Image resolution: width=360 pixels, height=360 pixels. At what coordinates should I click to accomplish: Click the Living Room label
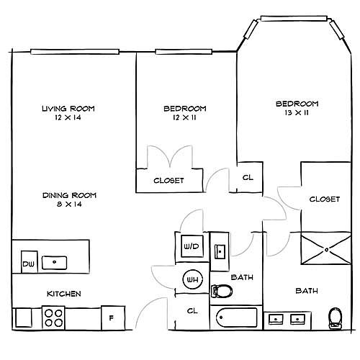(68, 109)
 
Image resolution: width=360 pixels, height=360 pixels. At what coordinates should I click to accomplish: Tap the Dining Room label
(69, 195)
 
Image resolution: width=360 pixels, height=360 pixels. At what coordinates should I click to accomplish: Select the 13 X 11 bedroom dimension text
(297, 112)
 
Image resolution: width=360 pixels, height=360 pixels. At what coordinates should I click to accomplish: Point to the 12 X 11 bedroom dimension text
(184, 117)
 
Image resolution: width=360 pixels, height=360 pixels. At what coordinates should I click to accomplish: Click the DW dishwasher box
(30, 262)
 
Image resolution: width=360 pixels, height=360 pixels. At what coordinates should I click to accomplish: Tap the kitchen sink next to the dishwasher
(54, 263)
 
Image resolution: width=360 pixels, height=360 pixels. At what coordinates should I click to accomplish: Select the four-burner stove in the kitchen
(53, 318)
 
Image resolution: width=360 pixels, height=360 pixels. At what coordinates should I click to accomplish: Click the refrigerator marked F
(113, 318)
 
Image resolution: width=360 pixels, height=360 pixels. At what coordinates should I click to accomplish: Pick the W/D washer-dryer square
(192, 246)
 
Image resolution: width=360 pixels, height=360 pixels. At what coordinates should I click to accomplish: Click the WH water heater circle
(192, 279)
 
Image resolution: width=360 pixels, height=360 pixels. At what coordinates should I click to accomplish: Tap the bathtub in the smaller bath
(236, 318)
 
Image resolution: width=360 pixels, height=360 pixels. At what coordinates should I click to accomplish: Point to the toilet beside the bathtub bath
(222, 291)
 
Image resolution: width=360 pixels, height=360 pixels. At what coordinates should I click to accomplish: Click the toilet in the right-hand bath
(336, 318)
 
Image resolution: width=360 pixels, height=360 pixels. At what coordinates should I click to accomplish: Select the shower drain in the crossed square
(326, 250)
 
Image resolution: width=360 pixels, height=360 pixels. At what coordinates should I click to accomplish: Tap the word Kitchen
(64, 294)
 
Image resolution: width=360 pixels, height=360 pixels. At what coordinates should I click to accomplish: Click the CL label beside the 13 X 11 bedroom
(248, 178)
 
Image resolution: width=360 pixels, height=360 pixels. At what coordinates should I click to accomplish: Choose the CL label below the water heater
(192, 311)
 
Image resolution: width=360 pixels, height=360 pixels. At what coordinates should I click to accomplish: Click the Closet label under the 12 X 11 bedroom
(168, 181)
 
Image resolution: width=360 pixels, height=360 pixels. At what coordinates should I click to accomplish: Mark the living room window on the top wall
(75, 52)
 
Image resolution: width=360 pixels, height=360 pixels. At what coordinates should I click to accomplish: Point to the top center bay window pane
(294, 19)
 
